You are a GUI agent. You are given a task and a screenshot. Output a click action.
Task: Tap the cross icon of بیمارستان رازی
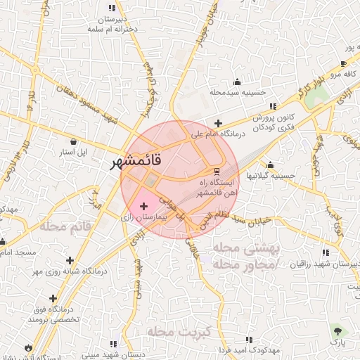point(144,206)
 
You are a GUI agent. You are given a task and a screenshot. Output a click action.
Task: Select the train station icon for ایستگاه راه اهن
point(217,171)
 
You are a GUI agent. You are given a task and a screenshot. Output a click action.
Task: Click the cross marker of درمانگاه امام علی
point(218,123)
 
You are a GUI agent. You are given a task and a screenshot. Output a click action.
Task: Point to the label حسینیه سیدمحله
point(236,92)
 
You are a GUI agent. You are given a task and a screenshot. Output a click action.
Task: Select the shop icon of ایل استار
point(74,142)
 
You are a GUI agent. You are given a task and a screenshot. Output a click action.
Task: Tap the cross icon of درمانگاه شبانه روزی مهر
point(70,259)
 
